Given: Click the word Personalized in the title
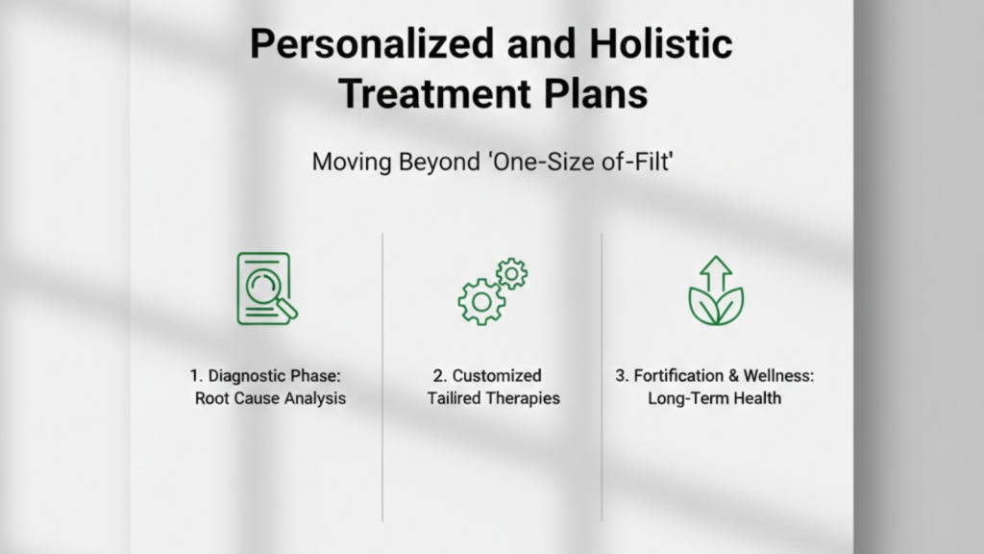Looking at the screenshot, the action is pyautogui.click(x=372, y=44).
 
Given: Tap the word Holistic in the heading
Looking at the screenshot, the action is pyautogui.click(x=661, y=43).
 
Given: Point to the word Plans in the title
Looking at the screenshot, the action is pyautogui.click(x=596, y=93).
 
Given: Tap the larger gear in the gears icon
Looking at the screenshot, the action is pyautogui.click(x=481, y=302).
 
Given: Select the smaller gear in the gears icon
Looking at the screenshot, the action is pyautogui.click(x=511, y=274).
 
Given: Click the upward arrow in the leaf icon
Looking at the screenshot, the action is pyautogui.click(x=716, y=274).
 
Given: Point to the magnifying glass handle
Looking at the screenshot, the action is pyautogui.click(x=286, y=309).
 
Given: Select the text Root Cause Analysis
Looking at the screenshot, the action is pyautogui.click(x=270, y=398).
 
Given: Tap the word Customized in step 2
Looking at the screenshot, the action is pyautogui.click(x=497, y=376).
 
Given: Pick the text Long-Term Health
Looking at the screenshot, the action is pyautogui.click(x=715, y=398).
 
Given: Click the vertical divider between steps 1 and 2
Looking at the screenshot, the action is pyautogui.click(x=382, y=377).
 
